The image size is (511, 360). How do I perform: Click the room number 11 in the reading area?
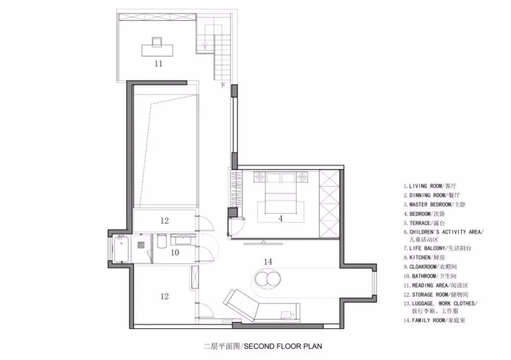tap(158, 63)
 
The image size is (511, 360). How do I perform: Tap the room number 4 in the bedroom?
tap(281, 218)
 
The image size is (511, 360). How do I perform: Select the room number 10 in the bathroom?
tap(175, 253)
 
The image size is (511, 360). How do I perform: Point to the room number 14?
tap(268, 261)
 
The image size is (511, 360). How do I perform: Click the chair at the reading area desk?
tap(157, 42)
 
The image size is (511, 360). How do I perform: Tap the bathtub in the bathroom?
tap(121, 250)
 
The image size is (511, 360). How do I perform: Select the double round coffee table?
tap(268, 279)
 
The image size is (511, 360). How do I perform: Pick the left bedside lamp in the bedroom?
tap(260, 177)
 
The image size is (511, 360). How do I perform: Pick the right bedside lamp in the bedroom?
tap(302, 177)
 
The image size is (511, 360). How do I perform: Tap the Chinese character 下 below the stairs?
tap(223, 85)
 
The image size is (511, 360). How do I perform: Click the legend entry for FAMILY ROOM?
tap(434, 320)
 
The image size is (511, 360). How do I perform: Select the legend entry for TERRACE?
tap(424, 223)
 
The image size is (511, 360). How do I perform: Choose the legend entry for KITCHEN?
tap(424, 257)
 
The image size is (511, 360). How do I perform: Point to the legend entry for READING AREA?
tap(436, 285)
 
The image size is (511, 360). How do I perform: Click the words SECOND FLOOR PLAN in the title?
tap(283, 346)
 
